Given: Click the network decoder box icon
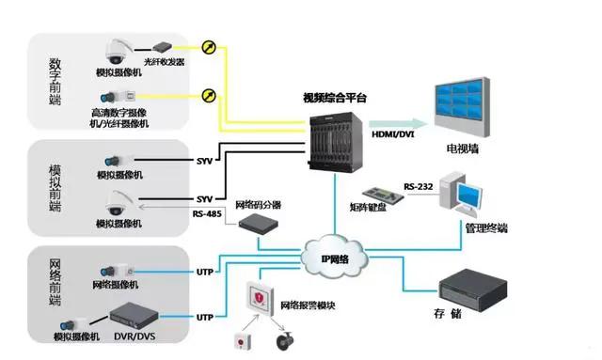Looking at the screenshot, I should tap(256, 224).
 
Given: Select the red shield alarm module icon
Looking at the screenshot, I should tap(259, 298).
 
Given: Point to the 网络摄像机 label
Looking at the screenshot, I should tap(117, 285).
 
